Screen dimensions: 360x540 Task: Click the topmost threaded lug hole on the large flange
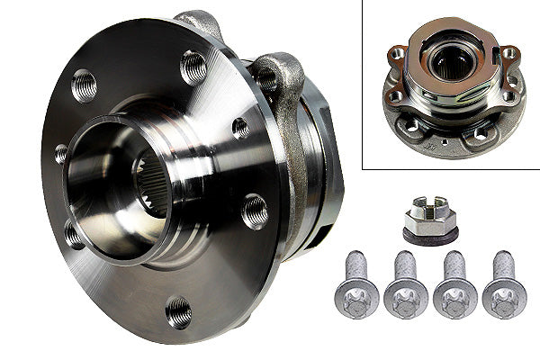pyautogui.click(x=193, y=66)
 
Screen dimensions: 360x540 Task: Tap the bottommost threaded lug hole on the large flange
pyautogui.click(x=178, y=311)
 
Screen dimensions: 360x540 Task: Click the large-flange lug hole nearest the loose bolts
pyautogui.click(x=255, y=211)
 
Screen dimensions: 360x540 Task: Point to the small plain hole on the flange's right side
pyautogui.click(x=240, y=128)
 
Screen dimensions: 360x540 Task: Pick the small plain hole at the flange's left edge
pyautogui.click(x=60, y=154)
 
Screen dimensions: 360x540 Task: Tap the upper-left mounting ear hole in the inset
pyautogui.click(x=397, y=54)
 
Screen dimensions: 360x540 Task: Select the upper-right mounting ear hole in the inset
pyautogui.click(x=508, y=53)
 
